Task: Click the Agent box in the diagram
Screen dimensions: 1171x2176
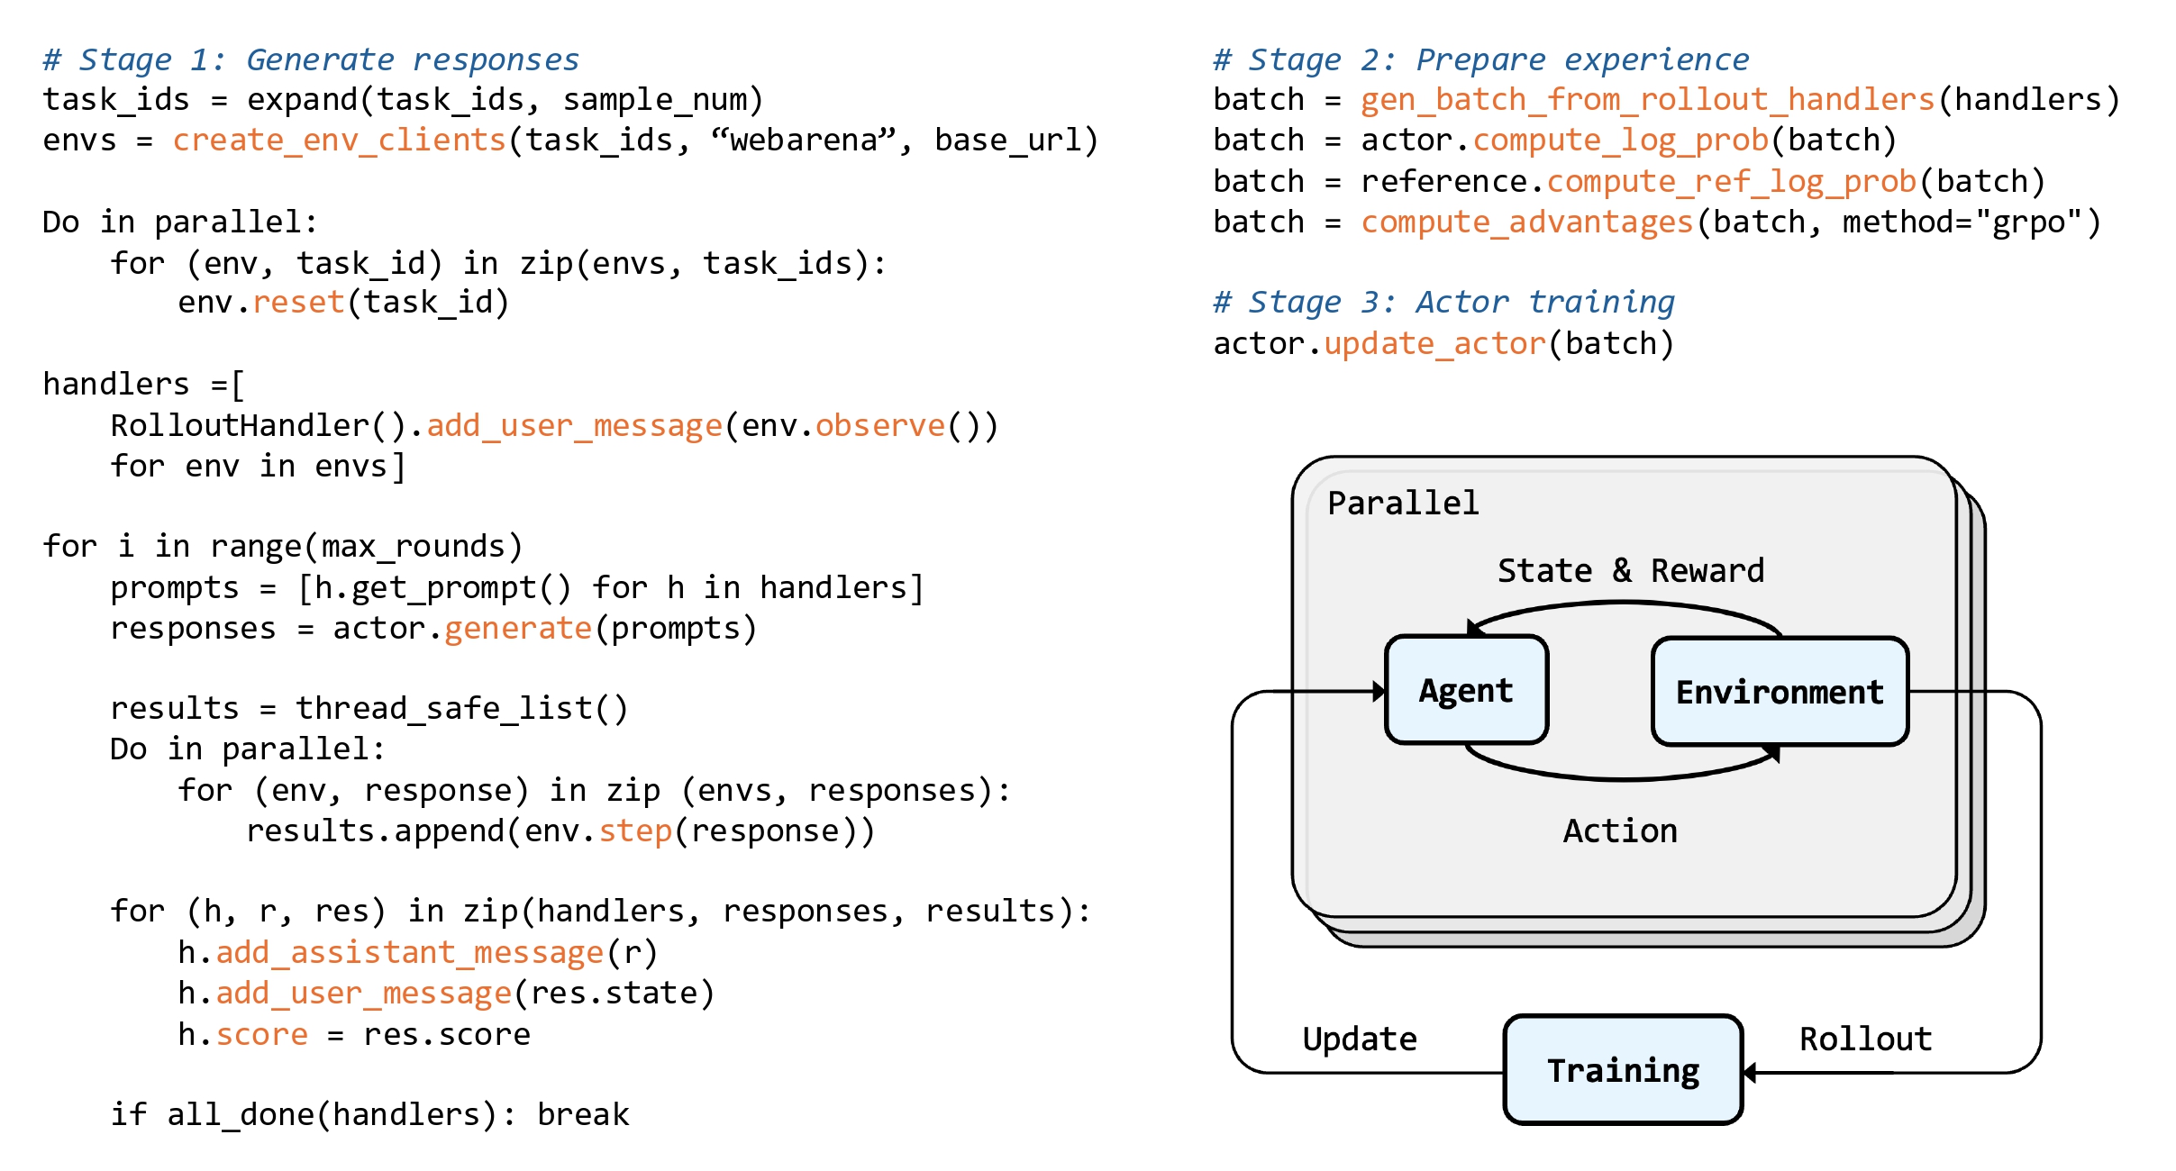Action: (x=1466, y=690)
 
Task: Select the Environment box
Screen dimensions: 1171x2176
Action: (x=1780, y=692)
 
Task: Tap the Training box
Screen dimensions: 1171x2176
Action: (x=1623, y=1070)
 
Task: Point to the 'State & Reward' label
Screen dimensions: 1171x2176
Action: (x=1631, y=570)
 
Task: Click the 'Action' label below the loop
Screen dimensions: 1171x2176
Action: (x=1620, y=831)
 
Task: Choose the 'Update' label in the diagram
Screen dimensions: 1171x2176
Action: (x=1360, y=1039)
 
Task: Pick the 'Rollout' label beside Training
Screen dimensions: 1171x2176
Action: (x=1865, y=1039)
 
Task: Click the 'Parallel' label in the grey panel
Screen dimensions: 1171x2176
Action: (x=1403, y=503)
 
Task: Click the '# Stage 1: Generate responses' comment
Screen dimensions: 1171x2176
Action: (x=311, y=59)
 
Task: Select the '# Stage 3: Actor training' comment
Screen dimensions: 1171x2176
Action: (x=1443, y=302)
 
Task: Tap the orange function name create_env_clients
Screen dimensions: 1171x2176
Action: (x=340, y=140)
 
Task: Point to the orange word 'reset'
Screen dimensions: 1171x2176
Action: (x=298, y=302)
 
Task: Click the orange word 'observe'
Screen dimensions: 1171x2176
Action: (x=880, y=425)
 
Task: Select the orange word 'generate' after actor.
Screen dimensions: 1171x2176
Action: (x=518, y=628)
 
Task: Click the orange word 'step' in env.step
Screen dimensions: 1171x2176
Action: (x=635, y=831)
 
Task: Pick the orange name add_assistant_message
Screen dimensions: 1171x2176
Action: (x=410, y=952)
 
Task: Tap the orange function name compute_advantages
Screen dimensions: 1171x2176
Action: (x=1527, y=222)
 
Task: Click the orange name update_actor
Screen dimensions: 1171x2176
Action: (x=1435, y=343)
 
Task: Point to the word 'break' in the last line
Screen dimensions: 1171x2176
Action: (x=583, y=1114)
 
